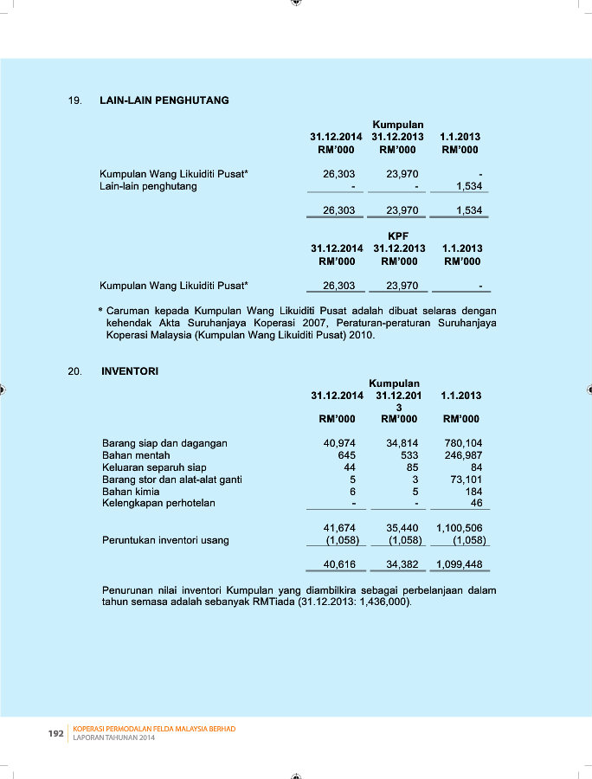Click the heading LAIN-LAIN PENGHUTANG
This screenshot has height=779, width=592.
[164, 100]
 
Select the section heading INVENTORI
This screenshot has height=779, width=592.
[130, 371]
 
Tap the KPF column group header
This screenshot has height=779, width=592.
[398, 235]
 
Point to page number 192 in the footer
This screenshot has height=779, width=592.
[55, 734]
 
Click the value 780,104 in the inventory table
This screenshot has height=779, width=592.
[463, 443]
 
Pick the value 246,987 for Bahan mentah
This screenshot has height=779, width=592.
[463, 455]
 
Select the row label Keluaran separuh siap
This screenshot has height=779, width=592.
[154, 467]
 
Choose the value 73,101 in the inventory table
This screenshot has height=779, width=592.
[466, 480]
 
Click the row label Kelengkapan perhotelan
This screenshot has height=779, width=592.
[158, 503]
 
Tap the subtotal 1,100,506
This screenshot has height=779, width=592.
[460, 527]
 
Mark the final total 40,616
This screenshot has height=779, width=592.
[339, 564]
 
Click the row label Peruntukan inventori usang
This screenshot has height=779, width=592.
[165, 540]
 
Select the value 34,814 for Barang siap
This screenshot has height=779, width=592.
[402, 443]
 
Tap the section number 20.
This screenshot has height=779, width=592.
[74, 371]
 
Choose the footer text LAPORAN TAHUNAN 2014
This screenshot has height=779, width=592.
[113, 738]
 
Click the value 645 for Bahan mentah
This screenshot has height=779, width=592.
[346, 455]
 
